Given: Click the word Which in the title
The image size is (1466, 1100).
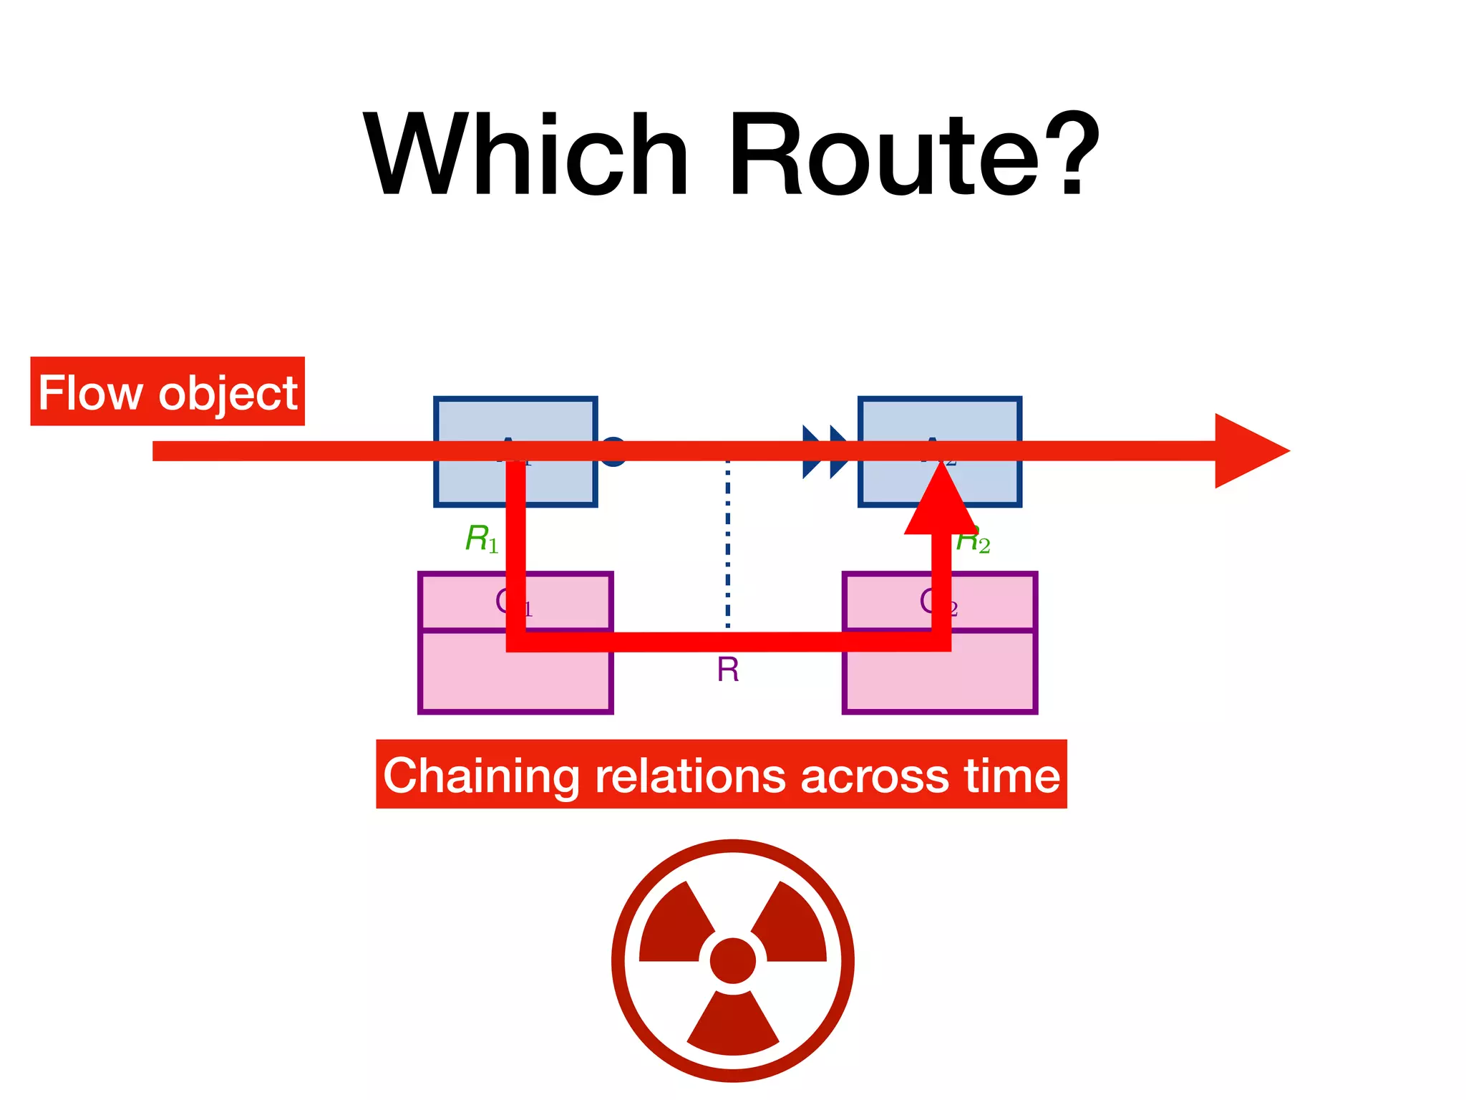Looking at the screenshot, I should [526, 156].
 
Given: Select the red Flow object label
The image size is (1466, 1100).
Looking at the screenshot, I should [168, 392].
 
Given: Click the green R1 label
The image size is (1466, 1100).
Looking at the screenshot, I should [481, 539].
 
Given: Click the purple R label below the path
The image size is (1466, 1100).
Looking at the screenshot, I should [727, 670].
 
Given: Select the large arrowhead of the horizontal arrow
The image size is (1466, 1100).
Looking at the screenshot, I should [1246, 451].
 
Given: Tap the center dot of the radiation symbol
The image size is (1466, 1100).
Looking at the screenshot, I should [732, 961].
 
